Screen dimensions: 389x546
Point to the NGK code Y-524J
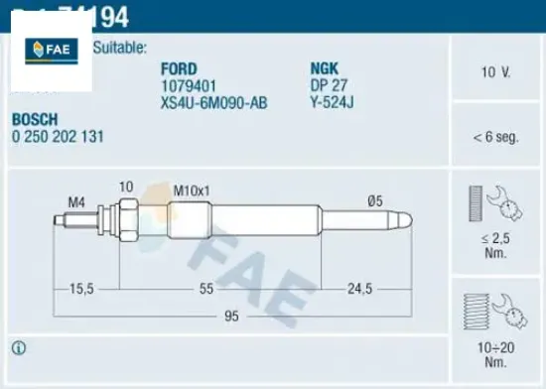click(x=332, y=100)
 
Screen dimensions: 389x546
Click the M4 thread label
click(x=75, y=202)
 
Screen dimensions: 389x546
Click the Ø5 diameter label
click(x=374, y=201)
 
